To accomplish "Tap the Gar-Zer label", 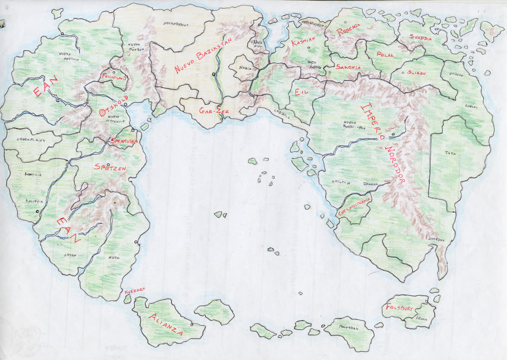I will point(214,111).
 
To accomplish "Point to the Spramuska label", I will point(124,141).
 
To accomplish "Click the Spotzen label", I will point(109,168).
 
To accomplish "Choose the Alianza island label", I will point(166,324).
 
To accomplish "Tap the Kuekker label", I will point(135,290).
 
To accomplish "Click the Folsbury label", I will point(399,308).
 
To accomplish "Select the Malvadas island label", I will point(348,327).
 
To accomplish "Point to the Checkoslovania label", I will point(354,205).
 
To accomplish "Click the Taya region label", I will point(450,153).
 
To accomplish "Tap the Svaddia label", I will point(420,38).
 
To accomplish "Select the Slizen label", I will point(416,72).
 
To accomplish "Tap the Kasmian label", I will point(303,42).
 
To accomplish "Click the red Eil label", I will point(301,92).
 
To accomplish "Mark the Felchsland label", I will point(114,77).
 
